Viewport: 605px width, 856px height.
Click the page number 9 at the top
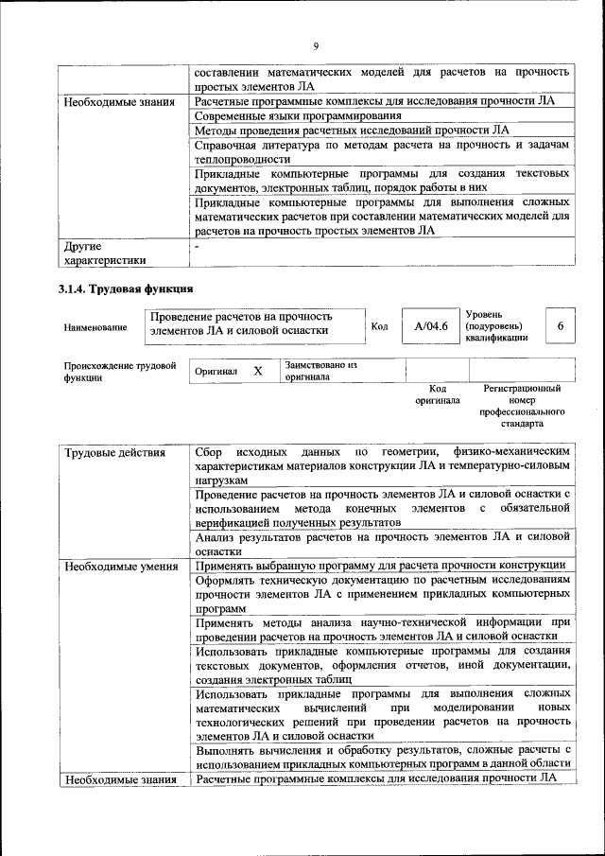[316, 46]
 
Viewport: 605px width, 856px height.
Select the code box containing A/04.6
[430, 326]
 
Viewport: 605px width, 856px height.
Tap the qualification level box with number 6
[560, 326]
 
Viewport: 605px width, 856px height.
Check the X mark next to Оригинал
[257, 372]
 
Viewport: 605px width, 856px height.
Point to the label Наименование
[95, 327]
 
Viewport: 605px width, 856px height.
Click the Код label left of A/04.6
[379, 327]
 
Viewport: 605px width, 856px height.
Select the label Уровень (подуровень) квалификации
[496, 325]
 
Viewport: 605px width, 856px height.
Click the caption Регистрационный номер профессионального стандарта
[522, 406]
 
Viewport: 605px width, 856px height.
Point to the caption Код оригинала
[437, 394]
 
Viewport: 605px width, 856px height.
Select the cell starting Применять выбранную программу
[380, 567]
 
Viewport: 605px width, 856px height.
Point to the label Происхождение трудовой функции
[120, 371]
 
